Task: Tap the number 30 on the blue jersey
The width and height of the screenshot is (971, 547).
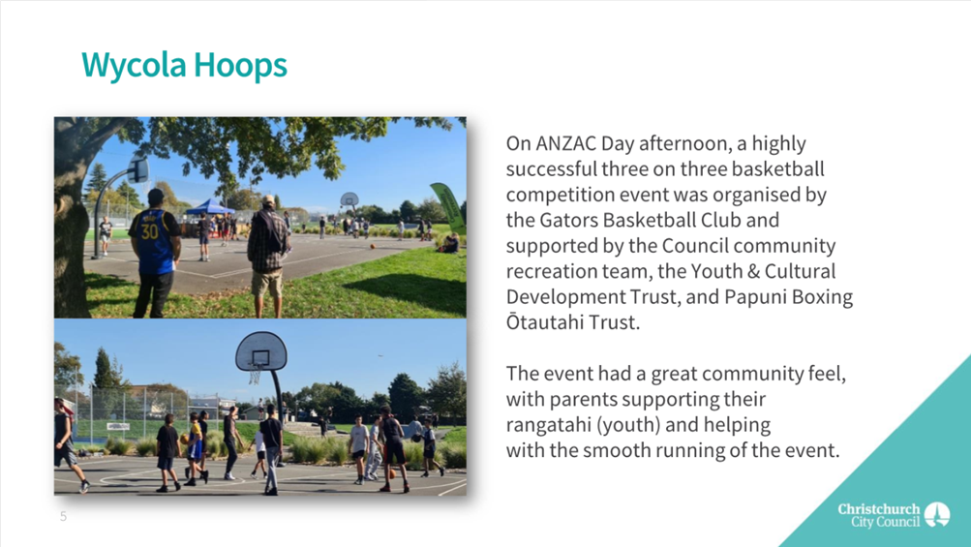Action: click(x=150, y=232)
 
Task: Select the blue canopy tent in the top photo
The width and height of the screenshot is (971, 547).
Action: click(x=210, y=207)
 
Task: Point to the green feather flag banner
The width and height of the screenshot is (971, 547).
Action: click(x=449, y=207)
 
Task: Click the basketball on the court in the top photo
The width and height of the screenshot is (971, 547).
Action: click(x=373, y=247)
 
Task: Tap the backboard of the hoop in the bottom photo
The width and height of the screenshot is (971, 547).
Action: click(x=261, y=351)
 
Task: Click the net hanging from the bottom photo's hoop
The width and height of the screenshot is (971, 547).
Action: click(x=256, y=375)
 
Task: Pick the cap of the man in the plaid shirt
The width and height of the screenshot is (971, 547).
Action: click(x=268, y=200)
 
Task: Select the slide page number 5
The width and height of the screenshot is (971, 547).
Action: click(x=63, y=517)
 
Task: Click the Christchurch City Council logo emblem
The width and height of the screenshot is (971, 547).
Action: click(x=937, y=514)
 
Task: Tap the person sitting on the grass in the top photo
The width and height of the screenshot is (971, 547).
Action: click(x=449, y=243)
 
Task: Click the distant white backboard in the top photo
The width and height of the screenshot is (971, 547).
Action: click(x=349, y=199)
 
